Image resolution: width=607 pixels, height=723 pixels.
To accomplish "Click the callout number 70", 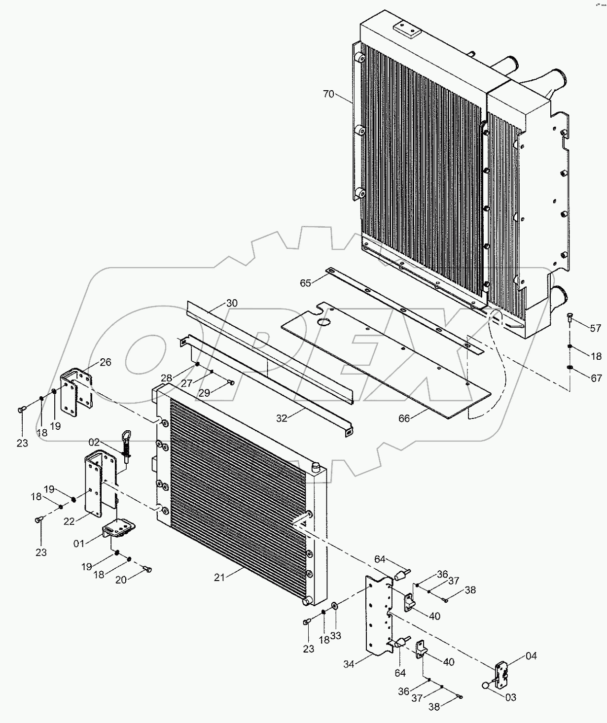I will (x=329, y=94).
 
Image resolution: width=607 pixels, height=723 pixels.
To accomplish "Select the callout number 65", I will (x=306, y=283).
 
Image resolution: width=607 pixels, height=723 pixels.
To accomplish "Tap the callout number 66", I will (x=404, y=418).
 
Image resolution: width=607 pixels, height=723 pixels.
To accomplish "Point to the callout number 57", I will (x=596, y=328).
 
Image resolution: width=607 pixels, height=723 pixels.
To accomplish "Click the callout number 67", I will (x=596, y=378).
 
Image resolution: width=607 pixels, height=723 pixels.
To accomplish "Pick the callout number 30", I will (x=232, y=303).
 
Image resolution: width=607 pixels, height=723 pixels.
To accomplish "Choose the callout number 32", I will (x=282, y=418).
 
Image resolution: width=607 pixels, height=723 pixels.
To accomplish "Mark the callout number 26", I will (x=106, y=362).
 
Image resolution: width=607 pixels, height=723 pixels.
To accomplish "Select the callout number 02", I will (x=94, y=442).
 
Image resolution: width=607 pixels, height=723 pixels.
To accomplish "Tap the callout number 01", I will (x=79, y=543).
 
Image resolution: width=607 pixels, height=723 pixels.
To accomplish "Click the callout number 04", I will (x=531, y=655).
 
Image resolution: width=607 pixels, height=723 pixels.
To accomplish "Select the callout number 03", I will (x=510, y=697).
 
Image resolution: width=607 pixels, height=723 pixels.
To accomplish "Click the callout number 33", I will (x=335, y=636).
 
